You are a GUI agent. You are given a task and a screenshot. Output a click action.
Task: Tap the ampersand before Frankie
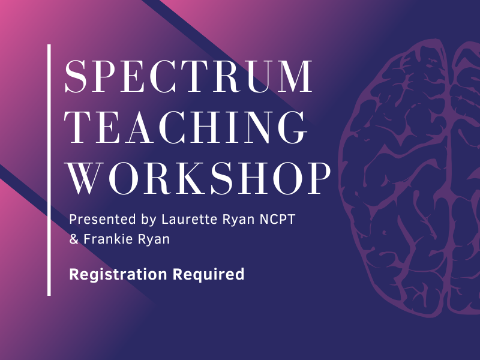(x=74, y=239)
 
